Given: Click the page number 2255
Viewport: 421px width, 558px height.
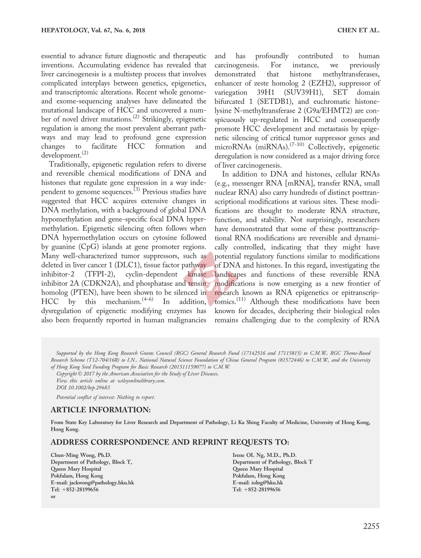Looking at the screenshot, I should point(371,527).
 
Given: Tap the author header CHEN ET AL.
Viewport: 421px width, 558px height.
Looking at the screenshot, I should point(358,31).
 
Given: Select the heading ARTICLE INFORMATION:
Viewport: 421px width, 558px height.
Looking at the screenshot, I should point(101,409).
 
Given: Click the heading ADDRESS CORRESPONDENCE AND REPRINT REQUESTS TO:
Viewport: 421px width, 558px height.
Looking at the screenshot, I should point(170,442).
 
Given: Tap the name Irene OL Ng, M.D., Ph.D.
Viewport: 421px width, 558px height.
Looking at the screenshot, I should point(265,455).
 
